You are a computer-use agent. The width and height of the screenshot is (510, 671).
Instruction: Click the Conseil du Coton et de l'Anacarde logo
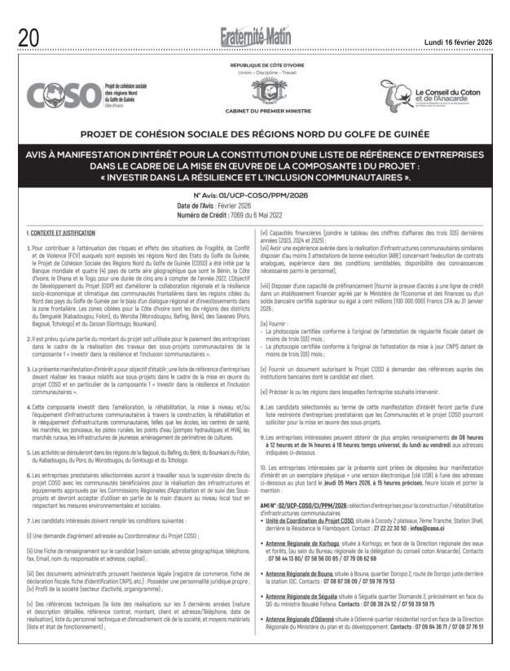pos(431,95)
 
